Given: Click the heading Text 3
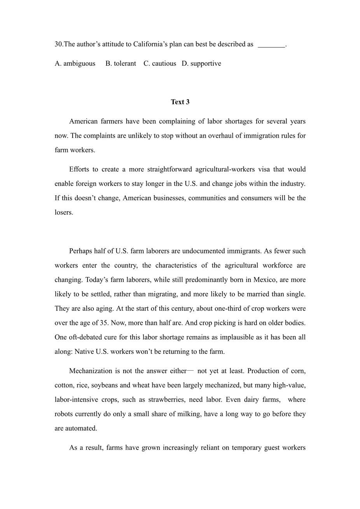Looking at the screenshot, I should pos(180,102).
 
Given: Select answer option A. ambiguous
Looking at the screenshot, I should pos(75,63).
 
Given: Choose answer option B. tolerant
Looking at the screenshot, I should pos(121,63).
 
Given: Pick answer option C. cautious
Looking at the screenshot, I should pos(160,63).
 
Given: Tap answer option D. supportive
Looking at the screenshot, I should pos(201,63).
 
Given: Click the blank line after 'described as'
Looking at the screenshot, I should pos(271,45).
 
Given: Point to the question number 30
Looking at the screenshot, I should pos(59,44).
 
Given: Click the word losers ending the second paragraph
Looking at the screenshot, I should pos(63,212).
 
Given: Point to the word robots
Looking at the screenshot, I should pos(64,414).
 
